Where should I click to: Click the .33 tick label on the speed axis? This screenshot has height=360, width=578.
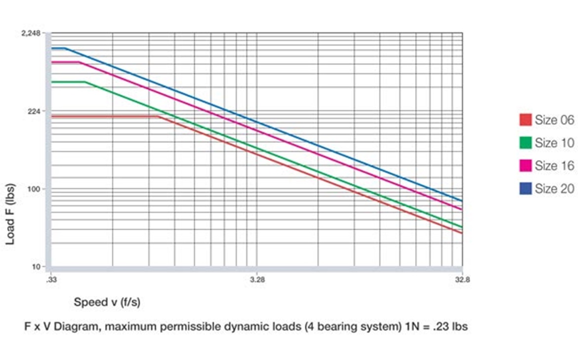tap(51, 279)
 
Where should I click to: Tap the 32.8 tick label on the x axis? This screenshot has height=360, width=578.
tap(462, 279)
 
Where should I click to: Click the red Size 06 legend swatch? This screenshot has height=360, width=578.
tap(526, 120)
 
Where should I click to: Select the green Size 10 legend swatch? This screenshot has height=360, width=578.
tap(526, 143)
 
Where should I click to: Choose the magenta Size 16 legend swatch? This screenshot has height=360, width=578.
tap(526, 165)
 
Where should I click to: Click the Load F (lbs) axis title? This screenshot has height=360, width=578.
tap(11, 214)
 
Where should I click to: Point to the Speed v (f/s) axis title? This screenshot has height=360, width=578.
tap(107, 302)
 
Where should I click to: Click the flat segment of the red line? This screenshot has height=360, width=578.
tap(104, 117)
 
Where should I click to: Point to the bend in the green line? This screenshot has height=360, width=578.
tap(85, 82)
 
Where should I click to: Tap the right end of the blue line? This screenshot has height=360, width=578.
tap(462, 201)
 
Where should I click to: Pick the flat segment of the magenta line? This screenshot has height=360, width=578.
tap(65, 62)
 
